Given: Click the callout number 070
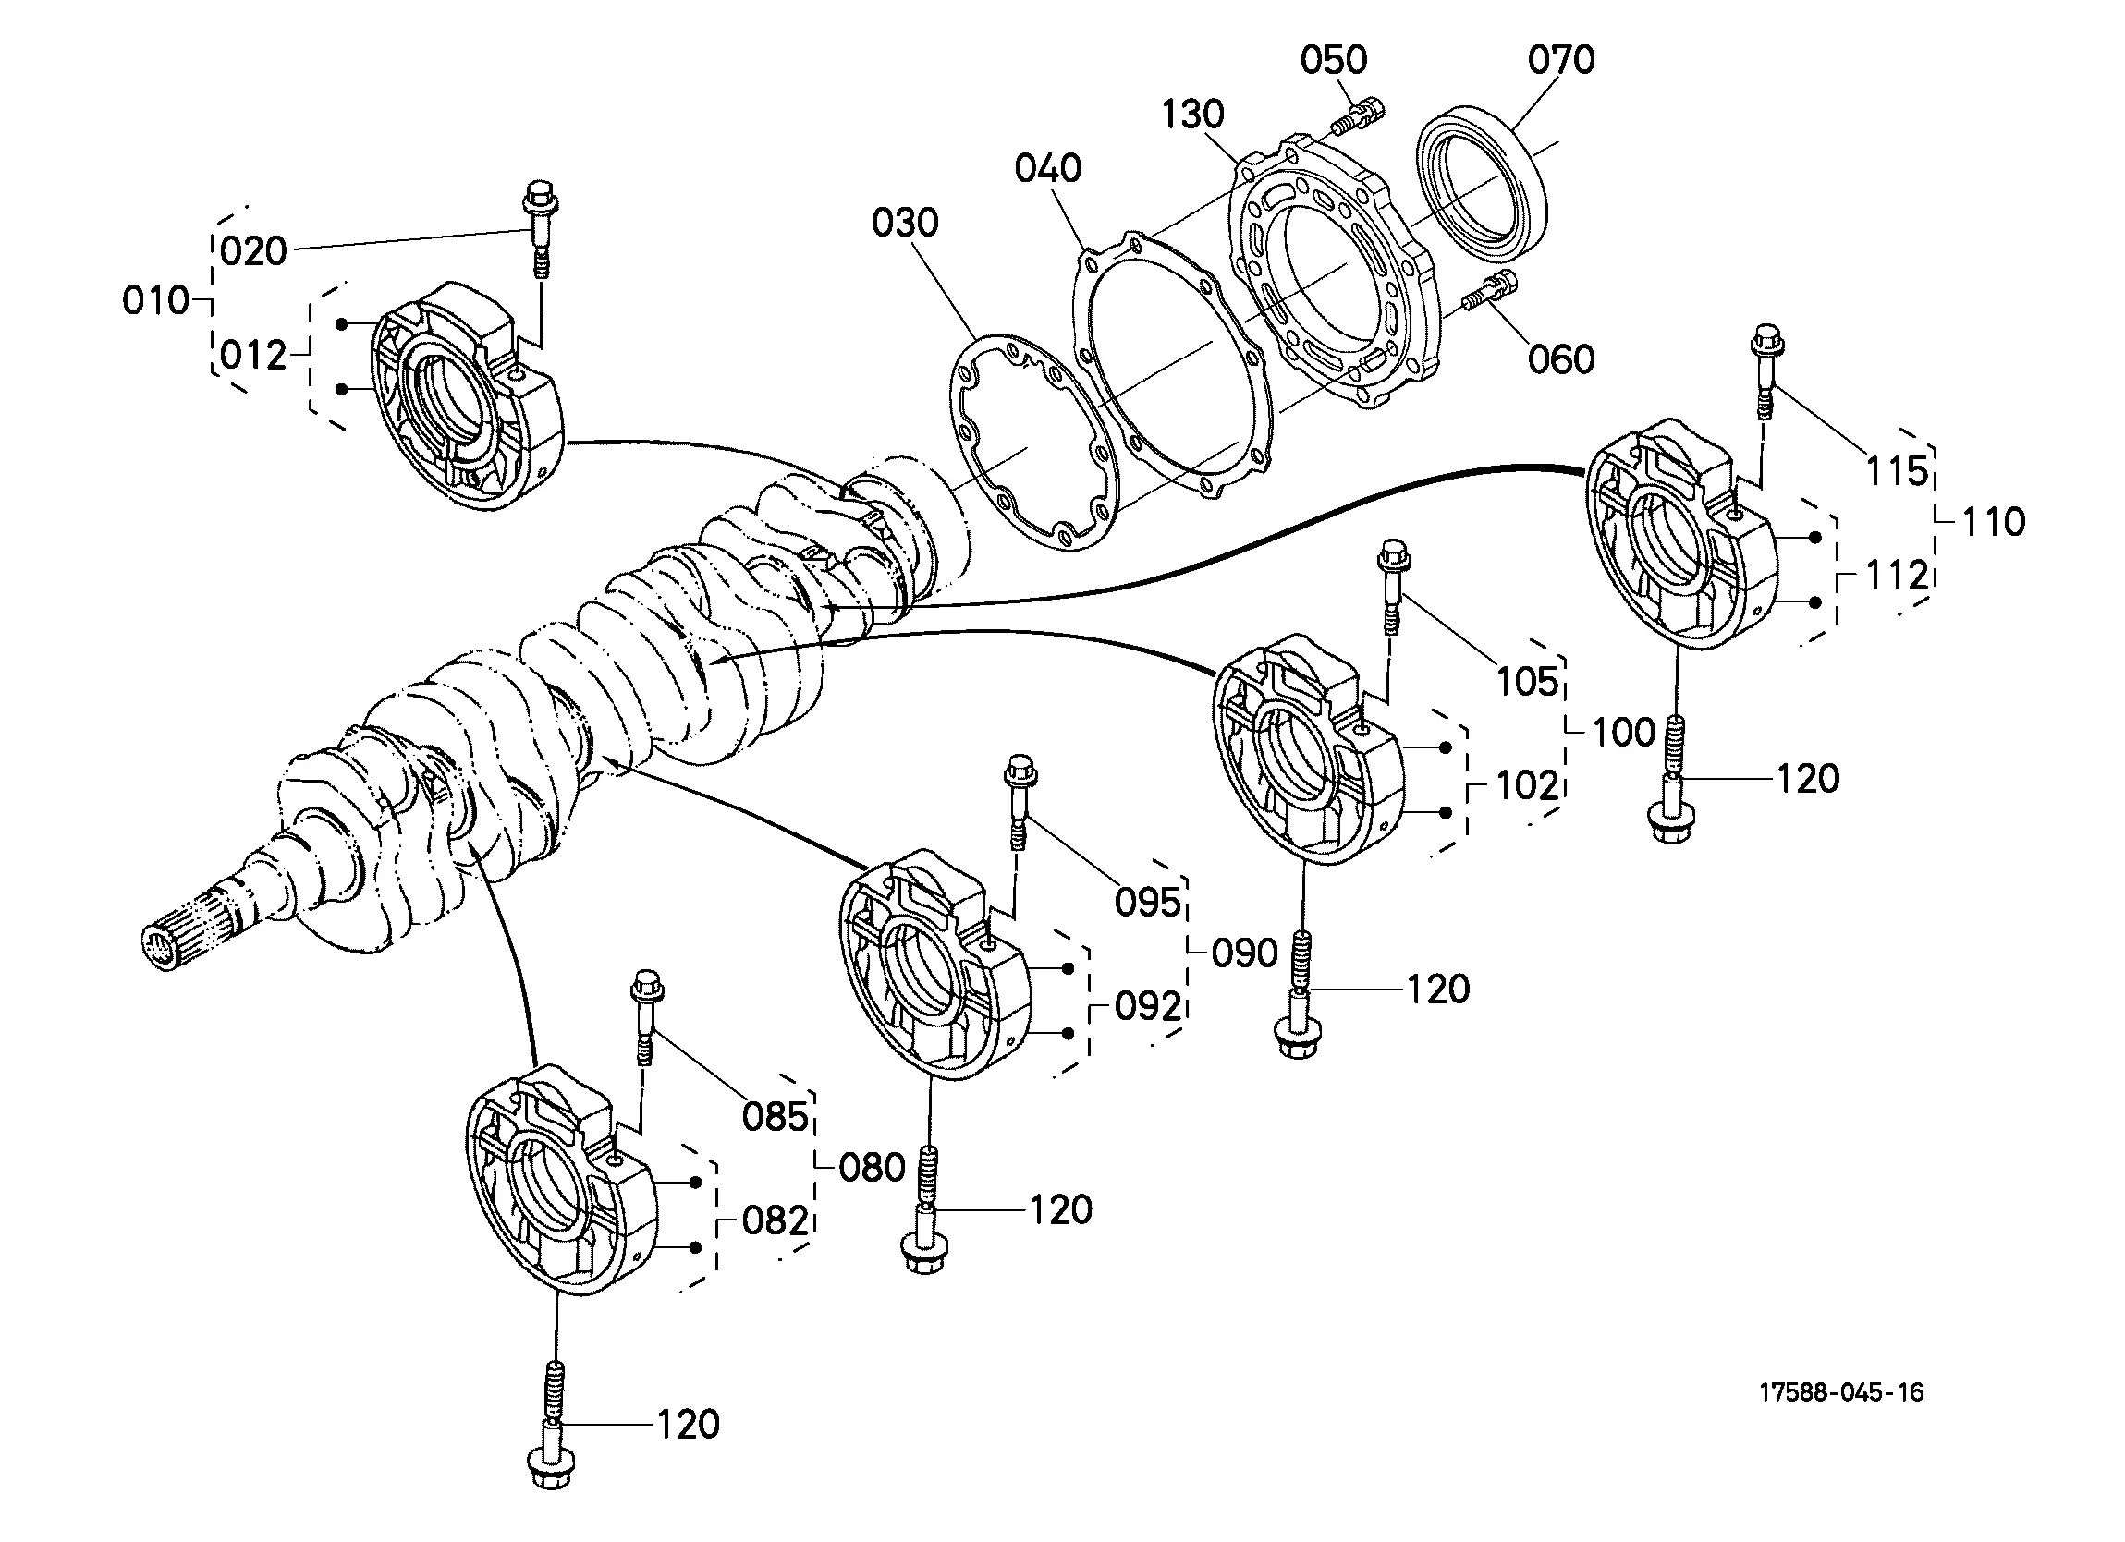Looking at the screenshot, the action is coord(1561,60).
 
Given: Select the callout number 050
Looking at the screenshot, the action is coord(1333,60).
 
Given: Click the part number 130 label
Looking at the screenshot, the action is coord(1192,115).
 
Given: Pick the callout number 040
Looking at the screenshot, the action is coord(1047,169).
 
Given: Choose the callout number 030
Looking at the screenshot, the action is coord(904,223).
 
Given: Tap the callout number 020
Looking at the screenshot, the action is coord(254,251).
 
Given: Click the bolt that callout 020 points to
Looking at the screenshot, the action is coord(541,228).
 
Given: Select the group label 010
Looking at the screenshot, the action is coord(155,300).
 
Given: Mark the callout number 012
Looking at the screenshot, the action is coord(254,356).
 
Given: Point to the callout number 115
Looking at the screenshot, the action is coord(1898,471).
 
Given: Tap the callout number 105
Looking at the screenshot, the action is coord(1527,682).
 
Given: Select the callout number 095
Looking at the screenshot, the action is coord(1148,902).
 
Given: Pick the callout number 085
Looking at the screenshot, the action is coord(775,1117).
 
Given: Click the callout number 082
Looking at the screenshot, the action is coord(775,1221).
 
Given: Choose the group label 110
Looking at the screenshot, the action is coord(1994,522).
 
